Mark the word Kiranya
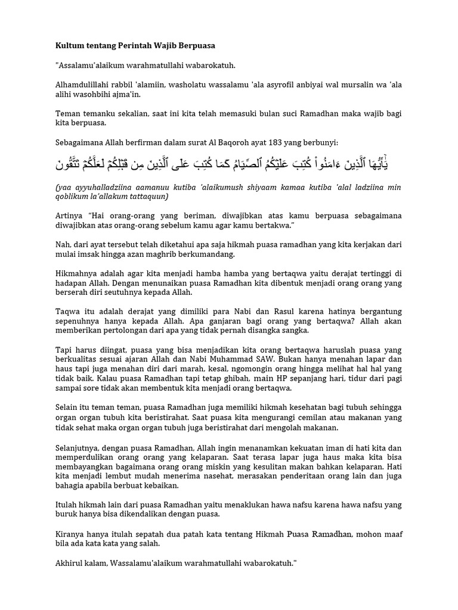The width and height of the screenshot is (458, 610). [x=69, y=533]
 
